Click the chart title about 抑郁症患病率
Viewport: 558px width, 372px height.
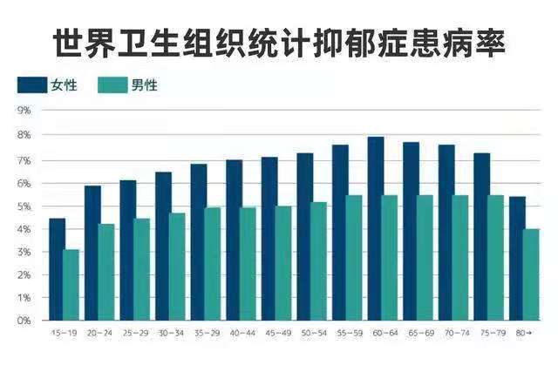(x=279, y=41)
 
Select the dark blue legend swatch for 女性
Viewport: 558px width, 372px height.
(x=31, y=85)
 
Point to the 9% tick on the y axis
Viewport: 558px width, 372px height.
(x=24, y=111)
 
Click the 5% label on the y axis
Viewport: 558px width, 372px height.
(x=24, y=206)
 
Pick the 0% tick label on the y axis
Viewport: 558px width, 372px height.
(x=24, y=321)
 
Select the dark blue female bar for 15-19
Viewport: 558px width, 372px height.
(x=57, y=269)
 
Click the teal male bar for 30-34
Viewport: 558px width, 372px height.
(x=178, y=267)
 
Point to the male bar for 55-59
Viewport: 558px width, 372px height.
(x=355, y=258)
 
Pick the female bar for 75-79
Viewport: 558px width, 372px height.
(x=482, y=236)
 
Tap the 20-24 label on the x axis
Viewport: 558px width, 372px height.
(x=99, y=333)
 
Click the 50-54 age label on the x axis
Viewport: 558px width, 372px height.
(x=312, y=333)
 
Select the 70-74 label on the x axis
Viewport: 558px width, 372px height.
(x=453, y=333)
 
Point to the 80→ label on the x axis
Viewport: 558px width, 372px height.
(x=524, y=333)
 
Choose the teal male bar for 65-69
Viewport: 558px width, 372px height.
(x=425, y=258)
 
